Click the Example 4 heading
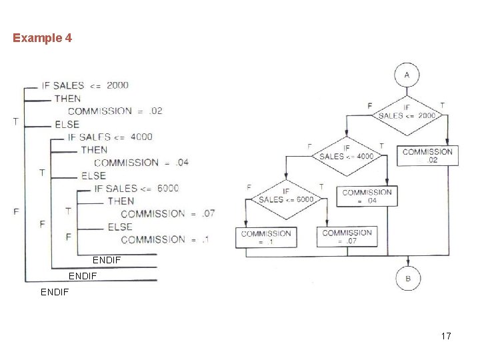42,38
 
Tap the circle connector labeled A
407,75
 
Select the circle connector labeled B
407,277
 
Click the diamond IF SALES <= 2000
407,111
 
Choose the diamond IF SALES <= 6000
285,196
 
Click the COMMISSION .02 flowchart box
427,156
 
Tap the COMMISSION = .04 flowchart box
367,196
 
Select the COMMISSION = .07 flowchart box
347,237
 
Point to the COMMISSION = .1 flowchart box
266,237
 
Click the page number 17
445,336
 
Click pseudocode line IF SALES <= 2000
85,85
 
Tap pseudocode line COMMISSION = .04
141,163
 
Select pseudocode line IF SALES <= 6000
137,189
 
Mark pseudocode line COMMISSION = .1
164,239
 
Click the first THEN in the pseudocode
67,99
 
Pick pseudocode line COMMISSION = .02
115,111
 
